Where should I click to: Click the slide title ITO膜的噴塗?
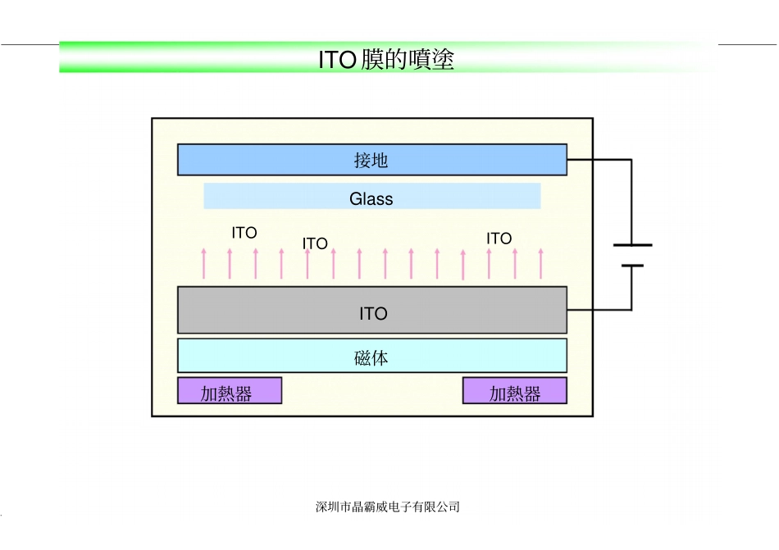386,60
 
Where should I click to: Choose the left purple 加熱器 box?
230,391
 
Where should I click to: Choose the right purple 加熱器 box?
515,391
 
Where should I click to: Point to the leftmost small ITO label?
244,233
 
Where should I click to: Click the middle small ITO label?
315,243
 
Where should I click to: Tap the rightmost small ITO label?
499,239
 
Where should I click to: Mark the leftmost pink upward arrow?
204,263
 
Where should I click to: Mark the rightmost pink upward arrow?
540,263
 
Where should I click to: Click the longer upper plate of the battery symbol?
632,244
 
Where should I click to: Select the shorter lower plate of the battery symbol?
632,266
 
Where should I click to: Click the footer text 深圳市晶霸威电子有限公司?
388,507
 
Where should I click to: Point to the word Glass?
371,198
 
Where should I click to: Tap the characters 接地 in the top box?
371,161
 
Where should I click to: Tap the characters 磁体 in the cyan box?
371,357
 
